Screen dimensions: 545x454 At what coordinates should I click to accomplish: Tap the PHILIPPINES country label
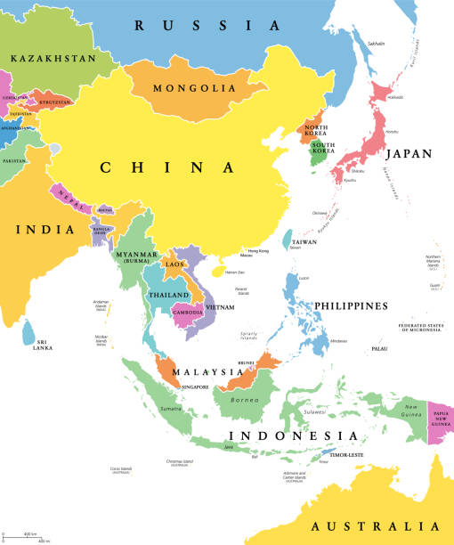tap(351, 305)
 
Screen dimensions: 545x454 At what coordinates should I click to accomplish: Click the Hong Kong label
tap(257, 252)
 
